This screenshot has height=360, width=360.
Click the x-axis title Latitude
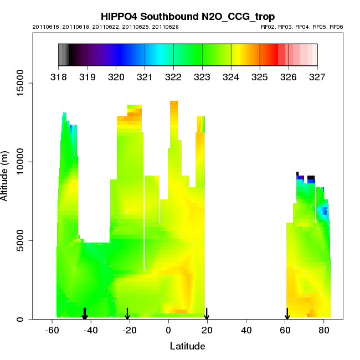point(187,347)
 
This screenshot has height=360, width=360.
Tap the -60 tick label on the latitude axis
point(52,330)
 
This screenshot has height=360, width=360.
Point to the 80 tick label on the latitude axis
point(323,330)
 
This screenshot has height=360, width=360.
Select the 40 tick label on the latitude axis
point(246,330)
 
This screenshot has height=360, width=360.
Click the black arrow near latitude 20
point(207,314)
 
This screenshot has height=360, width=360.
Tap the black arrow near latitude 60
point(287,314)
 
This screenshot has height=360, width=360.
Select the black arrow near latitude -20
point(127,314)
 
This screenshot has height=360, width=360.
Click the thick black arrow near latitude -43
point(85,314)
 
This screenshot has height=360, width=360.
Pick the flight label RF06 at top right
point(336,27)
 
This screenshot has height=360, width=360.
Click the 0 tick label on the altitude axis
point(20,319)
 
